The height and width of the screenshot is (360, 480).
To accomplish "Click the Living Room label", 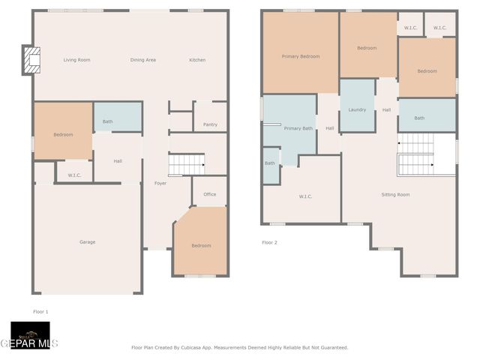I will (x=76, y=60).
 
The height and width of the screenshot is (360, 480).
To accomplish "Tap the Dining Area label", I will (x=142, y=60).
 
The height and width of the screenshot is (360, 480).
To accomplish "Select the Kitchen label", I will (x=197, y=60).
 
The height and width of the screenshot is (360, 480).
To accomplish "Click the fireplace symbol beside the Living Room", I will (x=31, y=60).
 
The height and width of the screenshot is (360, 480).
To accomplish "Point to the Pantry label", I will (x=210, y=124).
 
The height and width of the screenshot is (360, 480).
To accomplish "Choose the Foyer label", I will (x=160, y=183).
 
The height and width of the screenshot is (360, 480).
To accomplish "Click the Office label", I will (x=210, y=194).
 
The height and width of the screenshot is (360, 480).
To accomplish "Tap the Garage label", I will (x=88, y=241).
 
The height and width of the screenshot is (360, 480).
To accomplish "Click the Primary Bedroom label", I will (x=301, y=56).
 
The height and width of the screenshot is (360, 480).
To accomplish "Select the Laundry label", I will (x=357, y=109).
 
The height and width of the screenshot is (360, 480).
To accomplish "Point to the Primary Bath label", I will (x=298, y=128).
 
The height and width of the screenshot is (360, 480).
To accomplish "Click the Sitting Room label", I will (x=395, y=194).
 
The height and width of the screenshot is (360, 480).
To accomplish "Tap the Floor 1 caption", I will (x=40, y=311).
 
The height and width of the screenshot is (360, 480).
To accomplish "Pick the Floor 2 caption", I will (x=269, y=242).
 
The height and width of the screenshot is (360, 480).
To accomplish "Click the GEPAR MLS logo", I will (x=30, y=336).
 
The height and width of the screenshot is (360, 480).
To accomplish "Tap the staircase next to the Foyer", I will (x=187, y=163).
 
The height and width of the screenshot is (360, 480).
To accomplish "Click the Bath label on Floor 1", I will (x=108, y=121).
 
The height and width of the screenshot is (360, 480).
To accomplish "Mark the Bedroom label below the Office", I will (x=201, y=245).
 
